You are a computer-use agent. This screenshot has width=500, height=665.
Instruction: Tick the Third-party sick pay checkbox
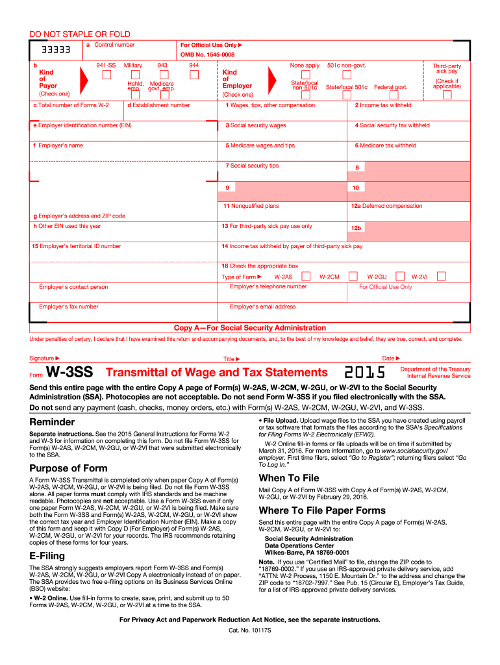coord(447,95)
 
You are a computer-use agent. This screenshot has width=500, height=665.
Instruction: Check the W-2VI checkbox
coord(442,276)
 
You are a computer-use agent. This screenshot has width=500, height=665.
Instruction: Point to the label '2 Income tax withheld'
coord(383,105)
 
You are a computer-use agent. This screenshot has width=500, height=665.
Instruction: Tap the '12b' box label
coord(356,228)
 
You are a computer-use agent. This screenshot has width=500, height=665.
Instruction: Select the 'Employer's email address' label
coord(262,307)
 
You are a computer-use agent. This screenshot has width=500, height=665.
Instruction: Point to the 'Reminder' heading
coord(52,422)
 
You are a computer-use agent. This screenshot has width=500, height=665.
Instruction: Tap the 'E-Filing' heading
coord(46,556)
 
